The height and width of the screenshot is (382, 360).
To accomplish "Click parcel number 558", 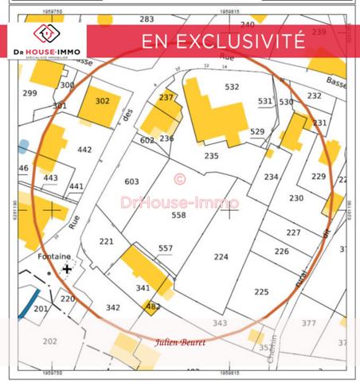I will click(x=178, y=215).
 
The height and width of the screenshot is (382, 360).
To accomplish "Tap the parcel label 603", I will click(x=132, y=181).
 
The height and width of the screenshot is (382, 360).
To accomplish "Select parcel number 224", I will click(x=221, y=256).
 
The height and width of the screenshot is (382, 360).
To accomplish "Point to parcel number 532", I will click(x=232, y=87).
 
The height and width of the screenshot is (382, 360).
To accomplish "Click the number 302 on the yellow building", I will click(x=102, y=101).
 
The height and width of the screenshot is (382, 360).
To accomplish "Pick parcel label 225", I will click(x=261, y=291).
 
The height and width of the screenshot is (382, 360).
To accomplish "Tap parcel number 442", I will click(x=84, y=149).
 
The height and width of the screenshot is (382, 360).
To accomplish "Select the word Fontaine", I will click(x=53, y=256).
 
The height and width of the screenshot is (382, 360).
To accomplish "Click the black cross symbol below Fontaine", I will click(x=67, y=269).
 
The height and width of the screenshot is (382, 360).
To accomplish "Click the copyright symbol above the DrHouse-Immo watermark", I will click(x=179, y=179).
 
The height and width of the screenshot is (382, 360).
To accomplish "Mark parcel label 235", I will click(x=211, y=156).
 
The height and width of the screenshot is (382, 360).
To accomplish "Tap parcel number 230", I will click(x=296, y=198).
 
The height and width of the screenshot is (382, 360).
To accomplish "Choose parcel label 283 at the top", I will click(x=147, y=18).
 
